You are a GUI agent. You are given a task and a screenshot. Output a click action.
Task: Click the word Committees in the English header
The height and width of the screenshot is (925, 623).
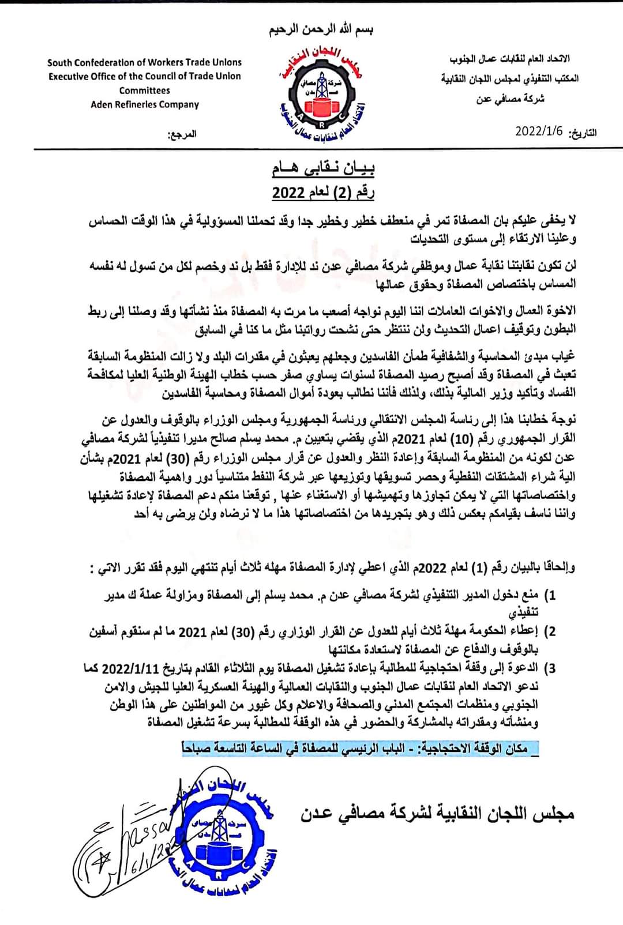tap(144, 91)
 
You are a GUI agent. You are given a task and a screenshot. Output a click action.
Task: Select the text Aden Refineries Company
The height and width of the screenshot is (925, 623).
tap(144, 104)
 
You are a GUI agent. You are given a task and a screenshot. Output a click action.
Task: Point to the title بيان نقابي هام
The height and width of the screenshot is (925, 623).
tap(323, 169)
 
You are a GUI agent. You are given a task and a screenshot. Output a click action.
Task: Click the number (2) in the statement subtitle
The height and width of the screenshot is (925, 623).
tap(344, 193)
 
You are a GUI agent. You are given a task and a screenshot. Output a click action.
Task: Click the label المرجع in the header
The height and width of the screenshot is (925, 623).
tap(182, 134)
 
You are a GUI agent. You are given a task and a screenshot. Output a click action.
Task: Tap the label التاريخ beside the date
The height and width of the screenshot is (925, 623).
tap(583, 133)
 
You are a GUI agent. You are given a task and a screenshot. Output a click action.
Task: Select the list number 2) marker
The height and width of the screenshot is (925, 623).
tap(550, 632)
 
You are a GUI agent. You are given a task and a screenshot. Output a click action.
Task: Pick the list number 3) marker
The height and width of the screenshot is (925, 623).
tap(550, 668)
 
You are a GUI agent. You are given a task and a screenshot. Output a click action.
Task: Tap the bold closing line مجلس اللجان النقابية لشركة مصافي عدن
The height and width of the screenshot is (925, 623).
tap(437, 814)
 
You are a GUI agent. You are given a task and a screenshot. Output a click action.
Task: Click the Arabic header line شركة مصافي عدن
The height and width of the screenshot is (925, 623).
tap(511, 99)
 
